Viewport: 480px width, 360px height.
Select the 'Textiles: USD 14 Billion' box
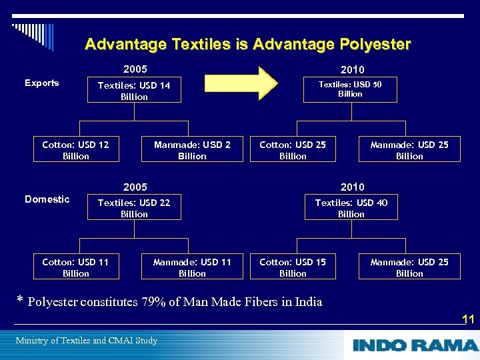[x=134, y=91]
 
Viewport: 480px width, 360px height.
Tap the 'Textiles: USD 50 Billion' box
[x=350, y=89]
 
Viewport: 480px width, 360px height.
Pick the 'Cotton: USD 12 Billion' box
[x=76, y=150]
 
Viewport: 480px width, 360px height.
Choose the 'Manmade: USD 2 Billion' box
[x=192, y=150]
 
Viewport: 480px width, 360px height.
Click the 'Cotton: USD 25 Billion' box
[x=293, y=150]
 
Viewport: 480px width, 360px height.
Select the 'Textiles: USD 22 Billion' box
[x=134, y=208]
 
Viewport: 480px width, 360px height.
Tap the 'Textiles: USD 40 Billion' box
[x=351, y=208]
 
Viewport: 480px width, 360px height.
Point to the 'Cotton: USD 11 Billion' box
[x=76, y=267]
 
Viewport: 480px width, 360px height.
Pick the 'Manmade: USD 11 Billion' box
[x=192, y=267]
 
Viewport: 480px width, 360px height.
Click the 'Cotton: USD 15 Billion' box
[x=293, y=267]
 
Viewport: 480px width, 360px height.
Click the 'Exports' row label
[x=41, y=83]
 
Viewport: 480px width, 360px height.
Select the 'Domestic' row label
[x=47, y=199]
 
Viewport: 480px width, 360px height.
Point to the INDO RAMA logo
[x=415, y=345]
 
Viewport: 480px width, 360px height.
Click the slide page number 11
[x=468, y=319]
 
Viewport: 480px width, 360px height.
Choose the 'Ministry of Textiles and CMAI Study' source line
[x=86, y=341]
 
